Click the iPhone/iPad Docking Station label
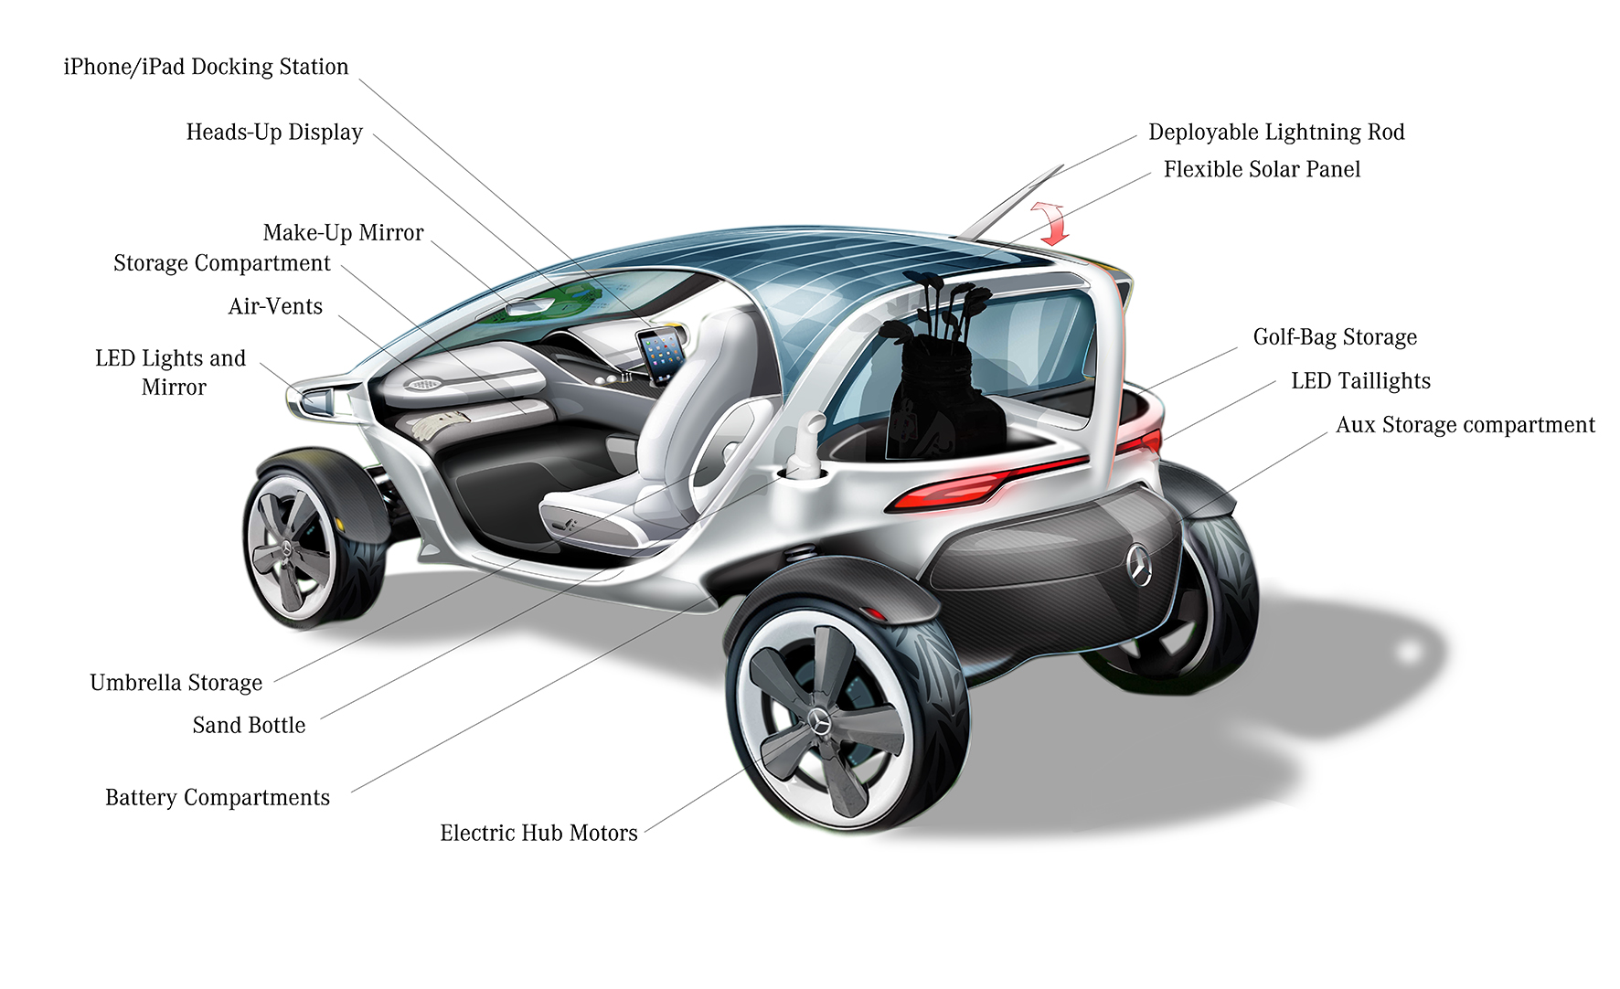click(x=206, y=67)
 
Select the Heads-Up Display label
click(x=274, y=133)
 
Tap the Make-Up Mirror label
click(x=343, y=233)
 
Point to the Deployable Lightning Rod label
click(x=1276, y=133)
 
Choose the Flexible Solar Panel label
click(x=1262, y=170)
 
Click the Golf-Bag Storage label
click(x=1335, y=337)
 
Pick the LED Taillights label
click(x=1360, y=381)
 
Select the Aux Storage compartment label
click(x=1465, y=425)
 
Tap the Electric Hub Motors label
click(x=538, y=833)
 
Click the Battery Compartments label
click(x=218, y=798)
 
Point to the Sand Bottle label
click(x=249, y=726)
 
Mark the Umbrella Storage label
click(x=176, y=683)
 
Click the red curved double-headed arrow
click(x=1050, y=222)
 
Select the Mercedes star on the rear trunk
click(x=1139, y=564)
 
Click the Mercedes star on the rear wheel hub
click(x=820, y=722)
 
